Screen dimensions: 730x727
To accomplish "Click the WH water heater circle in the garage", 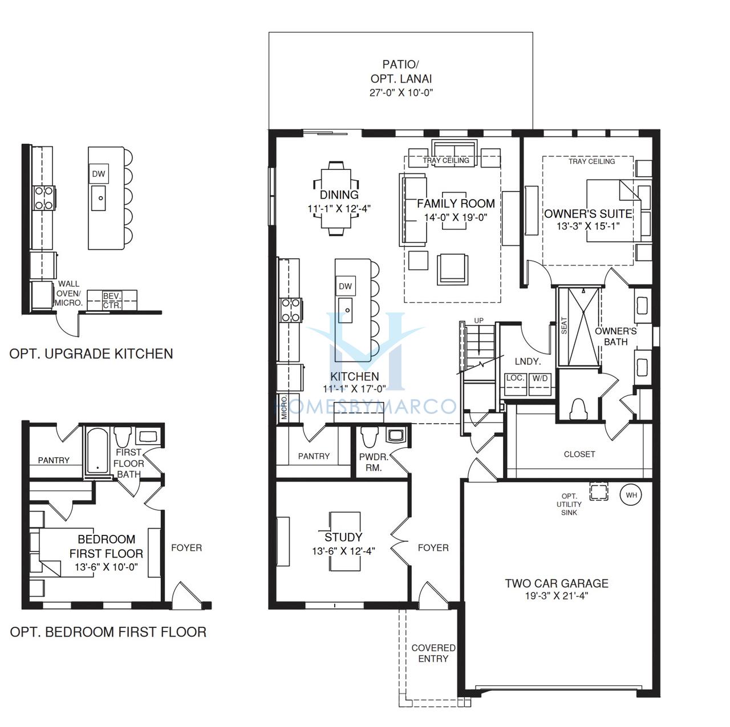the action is tap(630, 495).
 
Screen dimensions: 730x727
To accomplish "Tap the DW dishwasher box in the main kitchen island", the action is tap(345, 286).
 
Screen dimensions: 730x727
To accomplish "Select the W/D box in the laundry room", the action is tap(540, 384).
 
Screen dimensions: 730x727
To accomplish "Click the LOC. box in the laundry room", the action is tap(516, 384).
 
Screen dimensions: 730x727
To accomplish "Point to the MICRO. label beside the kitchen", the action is tap(284, 407).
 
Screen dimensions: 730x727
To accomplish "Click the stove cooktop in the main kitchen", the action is tap(290, 310).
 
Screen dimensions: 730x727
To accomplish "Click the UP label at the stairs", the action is tap(479, 320).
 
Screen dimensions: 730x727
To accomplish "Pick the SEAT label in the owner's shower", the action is tap(564, 326).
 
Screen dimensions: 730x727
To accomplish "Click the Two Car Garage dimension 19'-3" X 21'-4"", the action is tap(556, 596).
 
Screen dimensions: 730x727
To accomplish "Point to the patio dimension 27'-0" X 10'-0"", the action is tap(401, 92).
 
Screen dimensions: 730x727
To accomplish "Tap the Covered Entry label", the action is tap(433, 653).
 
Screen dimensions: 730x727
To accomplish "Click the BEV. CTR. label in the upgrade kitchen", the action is tap(112, 300).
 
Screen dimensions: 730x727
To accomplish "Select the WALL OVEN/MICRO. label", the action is tap(68, 293).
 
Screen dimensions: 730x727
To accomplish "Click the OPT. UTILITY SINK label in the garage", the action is tap(569, 504).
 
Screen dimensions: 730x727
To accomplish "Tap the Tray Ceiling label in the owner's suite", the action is tap(591, 161).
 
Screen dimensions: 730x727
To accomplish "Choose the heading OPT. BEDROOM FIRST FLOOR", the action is tap(108, 632).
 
